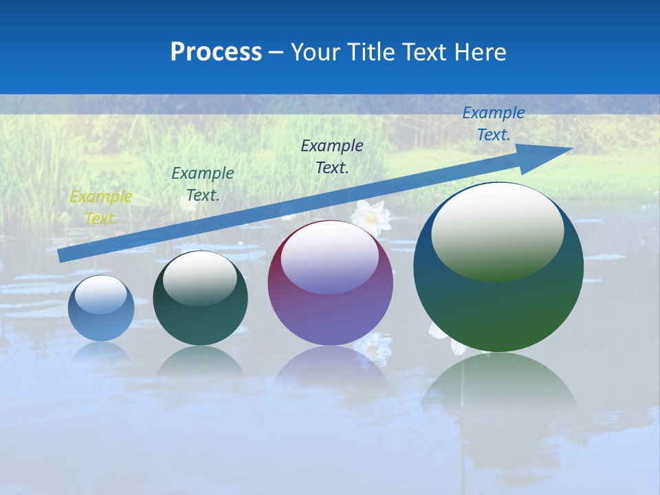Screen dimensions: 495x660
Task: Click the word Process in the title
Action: (216, 52)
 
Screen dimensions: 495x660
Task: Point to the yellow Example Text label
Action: (100, 208)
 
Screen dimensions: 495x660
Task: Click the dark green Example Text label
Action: (202, 184)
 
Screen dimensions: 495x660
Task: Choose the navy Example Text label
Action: (332, 156)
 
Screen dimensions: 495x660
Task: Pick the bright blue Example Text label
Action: (493, 124)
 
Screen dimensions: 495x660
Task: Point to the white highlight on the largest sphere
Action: (498, 230)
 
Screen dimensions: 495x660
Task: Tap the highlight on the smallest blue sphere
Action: (101, 294)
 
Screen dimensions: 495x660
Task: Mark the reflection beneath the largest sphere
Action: (498, 392)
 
